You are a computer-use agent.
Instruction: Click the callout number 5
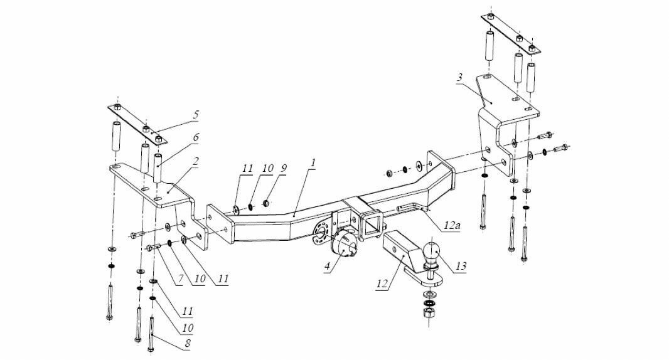196,115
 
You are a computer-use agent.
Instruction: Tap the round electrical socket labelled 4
345,243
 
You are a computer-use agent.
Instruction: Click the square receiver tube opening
371,224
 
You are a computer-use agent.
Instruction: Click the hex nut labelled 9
265,202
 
